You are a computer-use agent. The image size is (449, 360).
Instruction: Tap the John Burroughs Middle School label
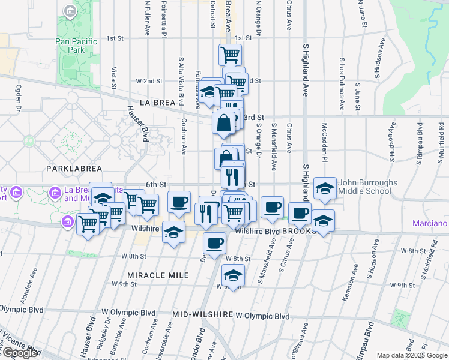point(364,187)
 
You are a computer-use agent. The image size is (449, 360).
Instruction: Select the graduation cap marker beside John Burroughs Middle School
point(325,188)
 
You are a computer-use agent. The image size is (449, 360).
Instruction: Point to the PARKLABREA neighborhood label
point(79,169)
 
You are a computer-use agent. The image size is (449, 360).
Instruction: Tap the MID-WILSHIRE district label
point(203,314)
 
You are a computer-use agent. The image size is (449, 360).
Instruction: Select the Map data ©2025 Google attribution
point(412,355)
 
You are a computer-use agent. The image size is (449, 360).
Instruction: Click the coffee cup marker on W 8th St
point(214,244)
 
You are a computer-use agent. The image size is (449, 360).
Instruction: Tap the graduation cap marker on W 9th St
point(233,275)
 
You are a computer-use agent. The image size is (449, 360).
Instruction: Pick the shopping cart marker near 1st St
point(231,55)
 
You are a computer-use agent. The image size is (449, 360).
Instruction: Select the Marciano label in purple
point(430,224)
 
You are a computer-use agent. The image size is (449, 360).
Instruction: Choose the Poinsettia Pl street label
point(164,18)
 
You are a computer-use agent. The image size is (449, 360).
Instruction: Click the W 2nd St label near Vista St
point(149,81)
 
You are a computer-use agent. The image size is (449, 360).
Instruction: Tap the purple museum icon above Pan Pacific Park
point(71,11)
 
